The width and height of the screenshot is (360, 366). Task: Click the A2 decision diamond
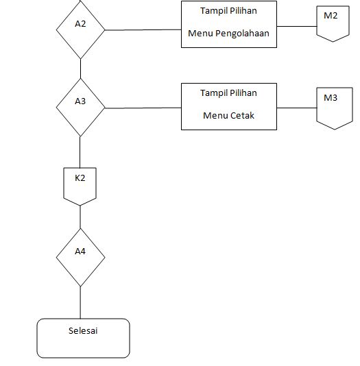click(x=80, y=29)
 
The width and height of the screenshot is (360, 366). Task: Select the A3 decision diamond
click(x=80, y=107)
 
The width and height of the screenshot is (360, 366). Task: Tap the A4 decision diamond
click(x=80, y=257)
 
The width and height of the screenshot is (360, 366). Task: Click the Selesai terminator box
click(x=83, y=338)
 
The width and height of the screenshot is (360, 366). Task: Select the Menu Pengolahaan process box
click(x=229, y=24)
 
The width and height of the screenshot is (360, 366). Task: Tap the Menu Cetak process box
click(x=229, y=106)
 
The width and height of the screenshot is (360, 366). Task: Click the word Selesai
click(x=83, y=330)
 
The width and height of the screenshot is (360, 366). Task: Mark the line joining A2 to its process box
click(x=143, y=29)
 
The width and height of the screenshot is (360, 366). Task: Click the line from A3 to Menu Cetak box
click(x=143, y=108)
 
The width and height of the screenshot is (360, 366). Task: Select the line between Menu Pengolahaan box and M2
click(x=296, y=26)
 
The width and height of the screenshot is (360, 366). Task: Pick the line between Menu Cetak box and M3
click(x=296, y=108)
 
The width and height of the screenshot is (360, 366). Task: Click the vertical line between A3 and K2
click(x=80, y=151)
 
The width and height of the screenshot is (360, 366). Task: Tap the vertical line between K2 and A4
click(x=80, y=216)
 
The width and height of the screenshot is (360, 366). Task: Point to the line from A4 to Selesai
click(x=80, y=302)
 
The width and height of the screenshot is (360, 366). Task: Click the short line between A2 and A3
click(x=80, y=69)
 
